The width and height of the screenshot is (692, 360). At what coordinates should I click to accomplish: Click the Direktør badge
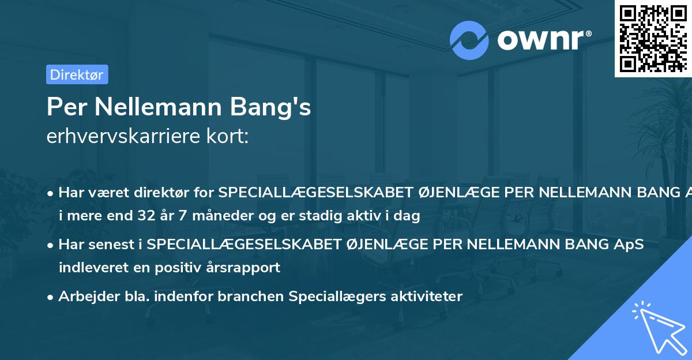tap(77, 74)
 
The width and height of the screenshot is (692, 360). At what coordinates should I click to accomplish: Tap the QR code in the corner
tap(653, 39)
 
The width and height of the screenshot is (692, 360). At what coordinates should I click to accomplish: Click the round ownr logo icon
tap(469, 40)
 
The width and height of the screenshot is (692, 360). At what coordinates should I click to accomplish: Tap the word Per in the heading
tap(66, 107)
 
